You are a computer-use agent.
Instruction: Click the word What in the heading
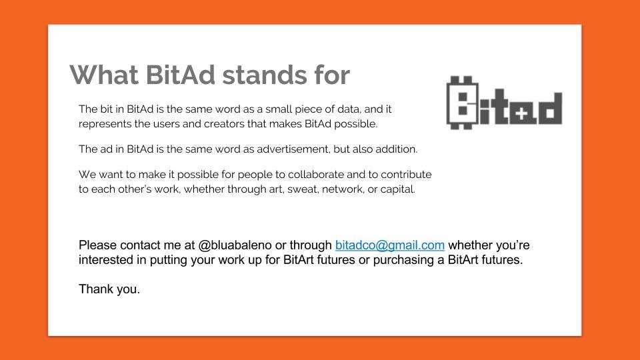(104, 75)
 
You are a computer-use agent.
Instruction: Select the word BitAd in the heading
(181, 75)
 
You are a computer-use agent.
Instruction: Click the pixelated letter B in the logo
(463, 103)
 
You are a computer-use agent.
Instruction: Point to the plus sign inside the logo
(521, 114)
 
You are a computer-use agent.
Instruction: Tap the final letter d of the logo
(549, 109)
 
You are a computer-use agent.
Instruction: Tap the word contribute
(406, 175)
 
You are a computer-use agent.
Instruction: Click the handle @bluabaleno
(235, 245)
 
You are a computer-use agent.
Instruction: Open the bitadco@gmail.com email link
(390, 245)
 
